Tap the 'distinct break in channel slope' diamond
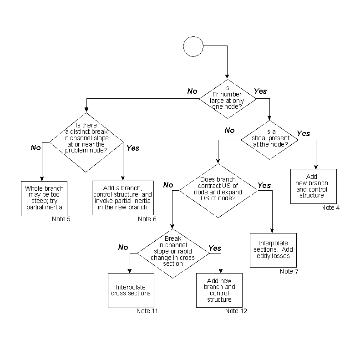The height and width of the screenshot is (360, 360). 86,142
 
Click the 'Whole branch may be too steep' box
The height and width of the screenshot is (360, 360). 44,198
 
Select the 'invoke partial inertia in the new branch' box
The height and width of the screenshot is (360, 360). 123,198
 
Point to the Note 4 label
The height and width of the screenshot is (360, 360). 330,208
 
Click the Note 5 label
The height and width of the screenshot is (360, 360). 61,219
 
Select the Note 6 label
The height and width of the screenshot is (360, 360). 147,219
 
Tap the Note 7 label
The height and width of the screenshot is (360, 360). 289,271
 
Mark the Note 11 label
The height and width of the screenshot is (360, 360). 146,311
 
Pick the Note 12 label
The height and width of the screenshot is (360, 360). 235,311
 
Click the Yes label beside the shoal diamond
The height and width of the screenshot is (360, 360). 303,134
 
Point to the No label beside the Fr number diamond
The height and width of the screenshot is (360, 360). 192,91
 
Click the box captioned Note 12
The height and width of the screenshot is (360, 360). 219,290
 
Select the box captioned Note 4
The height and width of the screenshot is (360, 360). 314,186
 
